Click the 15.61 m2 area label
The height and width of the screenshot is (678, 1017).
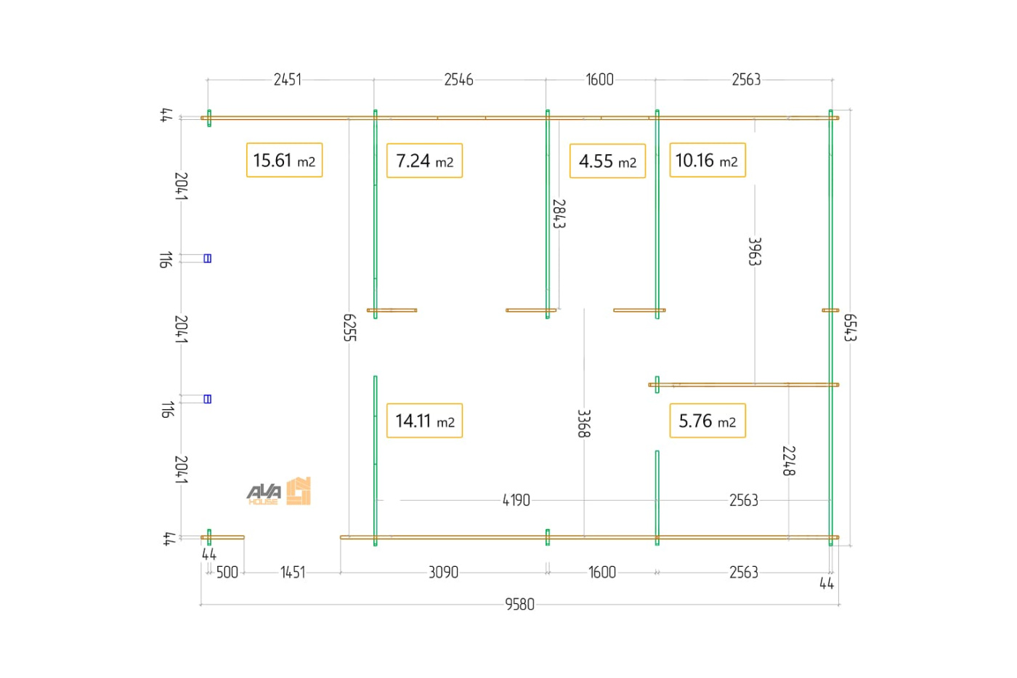[x=284, y=161]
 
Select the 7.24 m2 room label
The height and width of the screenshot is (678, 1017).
[x=424, y=161]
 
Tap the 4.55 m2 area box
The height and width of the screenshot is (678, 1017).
[x=607, y=161]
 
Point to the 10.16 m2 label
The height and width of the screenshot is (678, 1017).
[x=708, y=161]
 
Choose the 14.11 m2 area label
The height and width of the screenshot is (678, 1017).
[x=424, y=421]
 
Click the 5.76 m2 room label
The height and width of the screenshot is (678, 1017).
[x=708, y=421]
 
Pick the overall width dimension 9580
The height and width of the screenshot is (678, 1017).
[x=520, y=605]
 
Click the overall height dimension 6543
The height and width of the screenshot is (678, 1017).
[x=850, y=328]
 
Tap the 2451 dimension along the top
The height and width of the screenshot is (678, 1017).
[x=288, y=80]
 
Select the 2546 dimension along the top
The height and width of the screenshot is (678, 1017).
[x=458, y=80]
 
